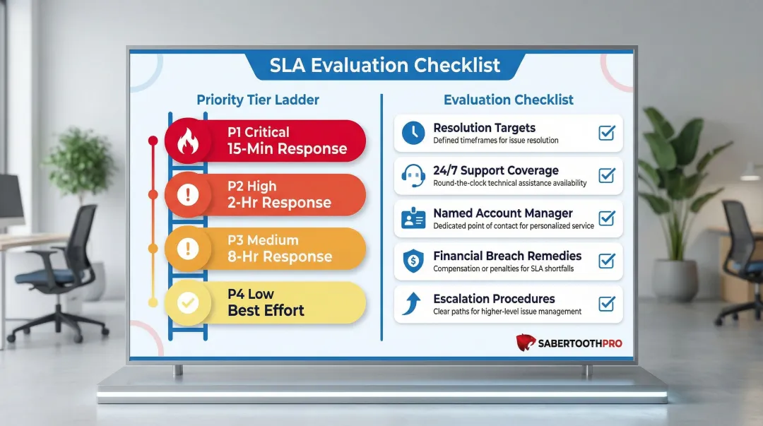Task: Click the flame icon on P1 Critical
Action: (x=188, y=141)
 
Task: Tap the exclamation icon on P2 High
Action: (x=188, y=195)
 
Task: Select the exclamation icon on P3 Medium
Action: (x=188, y=249)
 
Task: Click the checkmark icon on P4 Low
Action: (x=188, y=302)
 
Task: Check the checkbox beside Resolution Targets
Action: (x=606, y=133)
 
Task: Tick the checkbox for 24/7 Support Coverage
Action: (x=606, y=175)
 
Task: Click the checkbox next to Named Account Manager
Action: (x=606, y=218)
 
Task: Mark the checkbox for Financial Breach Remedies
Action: (x=606, y=261)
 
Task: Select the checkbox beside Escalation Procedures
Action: (x=606, y=304)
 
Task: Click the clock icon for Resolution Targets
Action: (x=413, y=134)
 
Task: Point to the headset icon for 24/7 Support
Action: (x=413, y=176)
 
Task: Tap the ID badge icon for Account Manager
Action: (x=413, y=219)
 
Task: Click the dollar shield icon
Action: (x=413, y=261)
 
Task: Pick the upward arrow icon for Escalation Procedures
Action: (x=413, y=304)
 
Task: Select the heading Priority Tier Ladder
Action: (x=257, y=100)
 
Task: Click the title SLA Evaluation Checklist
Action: (x=385, y=66)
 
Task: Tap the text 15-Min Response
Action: (x=287, y=149)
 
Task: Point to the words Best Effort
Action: (x=266, y=310)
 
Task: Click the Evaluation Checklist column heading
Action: (x=509, y=100)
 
